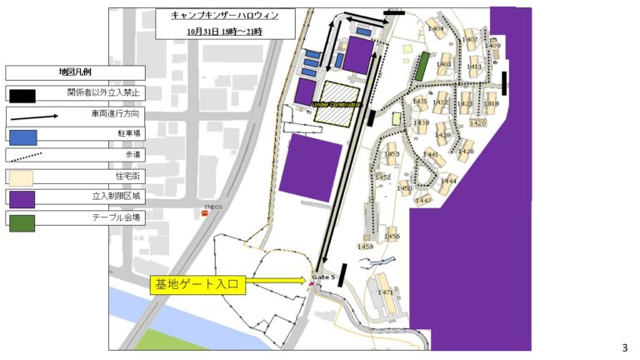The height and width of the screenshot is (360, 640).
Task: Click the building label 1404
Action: [435, 29]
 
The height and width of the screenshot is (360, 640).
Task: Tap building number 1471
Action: [385, 292]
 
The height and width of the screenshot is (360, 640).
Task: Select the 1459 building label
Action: [365, 247]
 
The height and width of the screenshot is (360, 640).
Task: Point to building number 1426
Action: [466, 152]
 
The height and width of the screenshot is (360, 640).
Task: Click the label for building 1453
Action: [392, 155]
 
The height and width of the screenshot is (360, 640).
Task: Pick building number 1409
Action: [494, 46]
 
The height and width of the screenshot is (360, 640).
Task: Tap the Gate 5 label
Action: [322, 276]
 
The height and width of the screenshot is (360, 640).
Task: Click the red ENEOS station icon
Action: [204, 213]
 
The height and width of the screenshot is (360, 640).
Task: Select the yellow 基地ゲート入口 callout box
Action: [197, 285]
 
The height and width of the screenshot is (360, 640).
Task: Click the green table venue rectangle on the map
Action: [422, 65]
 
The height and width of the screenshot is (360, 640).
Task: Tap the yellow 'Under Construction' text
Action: [335, 104]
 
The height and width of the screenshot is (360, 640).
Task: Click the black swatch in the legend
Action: [22, 94]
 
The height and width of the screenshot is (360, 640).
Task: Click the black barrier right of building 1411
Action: [504, 81]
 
